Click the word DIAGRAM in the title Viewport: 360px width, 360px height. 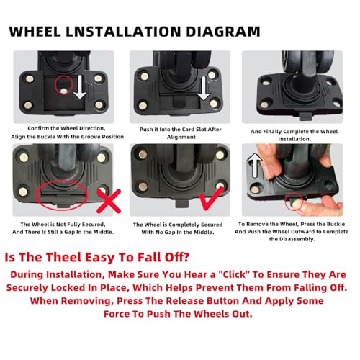(223, 32)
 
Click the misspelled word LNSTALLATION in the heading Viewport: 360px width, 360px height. (123, 32)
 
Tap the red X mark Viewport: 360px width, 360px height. (109, 201)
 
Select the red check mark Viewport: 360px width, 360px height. (212, 198)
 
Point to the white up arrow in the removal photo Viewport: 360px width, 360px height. (255, 166)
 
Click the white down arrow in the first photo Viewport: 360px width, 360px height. (80, 87)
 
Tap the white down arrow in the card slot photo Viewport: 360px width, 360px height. (204, 89)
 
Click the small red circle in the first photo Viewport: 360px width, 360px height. (63, 84)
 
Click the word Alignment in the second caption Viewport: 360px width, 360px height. (181, 137)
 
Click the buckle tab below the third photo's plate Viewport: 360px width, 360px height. (305, 117)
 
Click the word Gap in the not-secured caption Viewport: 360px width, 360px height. (70, 232)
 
